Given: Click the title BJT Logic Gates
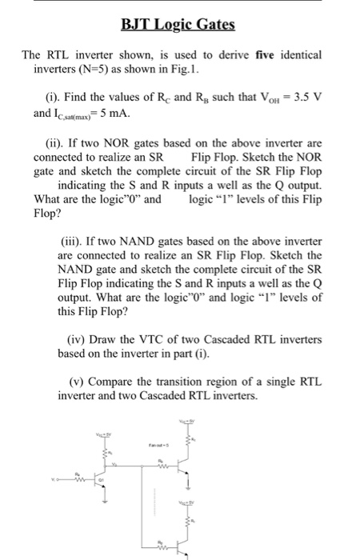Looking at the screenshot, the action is click(178, 24).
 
